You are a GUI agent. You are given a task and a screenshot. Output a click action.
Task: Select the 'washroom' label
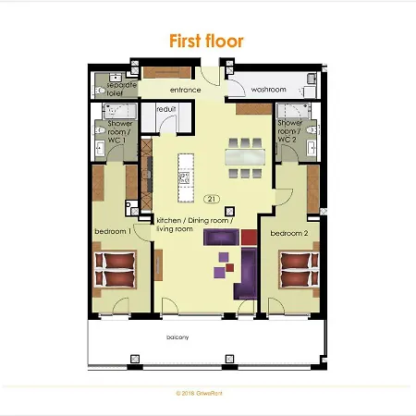(268, 90)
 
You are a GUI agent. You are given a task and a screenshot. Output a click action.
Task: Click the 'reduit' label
(166, 110)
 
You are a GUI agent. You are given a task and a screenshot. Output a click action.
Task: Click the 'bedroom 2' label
(288, 234)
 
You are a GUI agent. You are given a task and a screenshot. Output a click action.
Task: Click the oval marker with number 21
(211, 199)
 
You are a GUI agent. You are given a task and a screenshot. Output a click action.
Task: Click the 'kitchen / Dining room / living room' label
(175, 224)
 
